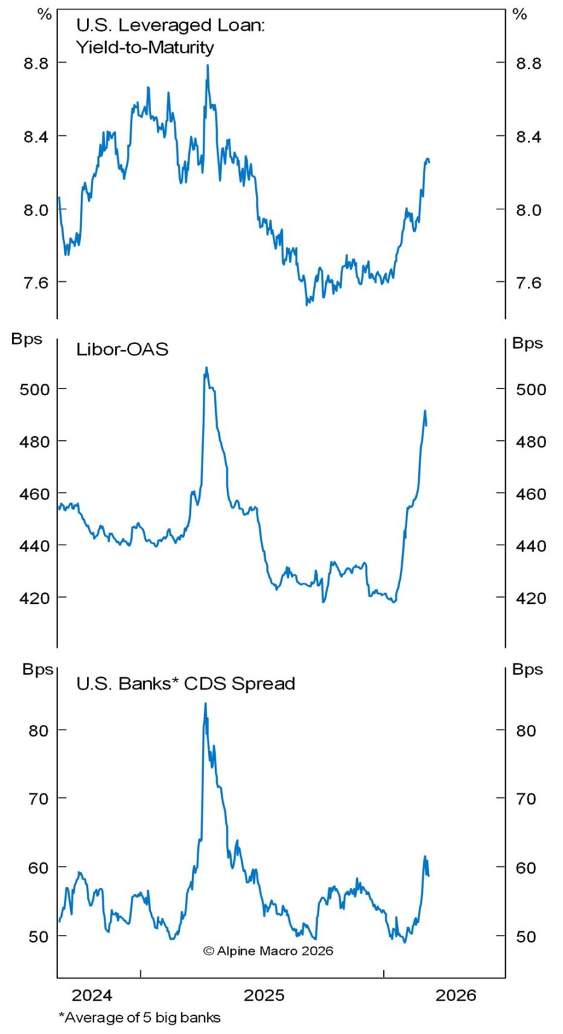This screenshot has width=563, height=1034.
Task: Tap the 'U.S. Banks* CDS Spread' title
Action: pyautogui.click(x=186, y=684)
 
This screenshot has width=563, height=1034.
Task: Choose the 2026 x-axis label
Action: pyautogui.click(x=455, y=995)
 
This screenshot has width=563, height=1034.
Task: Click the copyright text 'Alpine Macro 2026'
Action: pyautogui.click(x=268, y=951)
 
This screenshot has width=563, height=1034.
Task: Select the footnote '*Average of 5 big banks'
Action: pyautogui.click(x=139, y=1017)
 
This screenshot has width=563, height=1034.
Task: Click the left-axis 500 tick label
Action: pyautogui.click(x=29, y=389)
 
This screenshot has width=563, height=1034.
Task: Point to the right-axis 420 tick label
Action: pyautogui.click(x=529, y=597)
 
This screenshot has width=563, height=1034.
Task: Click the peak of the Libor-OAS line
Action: pyautogui.click(x=206, y=368)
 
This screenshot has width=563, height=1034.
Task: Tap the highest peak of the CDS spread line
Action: pyautogui.click(x=205, y=703)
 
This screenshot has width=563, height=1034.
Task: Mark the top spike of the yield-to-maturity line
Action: pyautogui.click(x=207, y=65)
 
